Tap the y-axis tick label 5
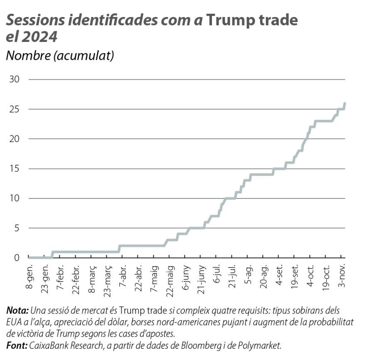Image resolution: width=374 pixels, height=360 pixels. point(17,228)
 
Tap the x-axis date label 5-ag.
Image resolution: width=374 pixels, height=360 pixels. point(249,274)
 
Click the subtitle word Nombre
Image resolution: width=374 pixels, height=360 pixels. point(27,56)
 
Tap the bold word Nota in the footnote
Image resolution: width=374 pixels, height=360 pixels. point(17,311)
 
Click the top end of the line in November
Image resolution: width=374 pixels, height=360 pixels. point(345,103)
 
